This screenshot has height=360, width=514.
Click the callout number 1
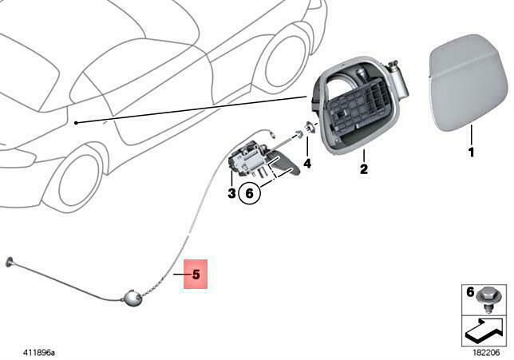[x=471, y=152]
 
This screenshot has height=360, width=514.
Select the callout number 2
[x=363, y=169]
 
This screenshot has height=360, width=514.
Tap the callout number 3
[x=231, y=192]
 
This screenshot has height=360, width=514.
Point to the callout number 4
[x=306, y=164]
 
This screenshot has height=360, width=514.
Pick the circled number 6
[x=249, y=192]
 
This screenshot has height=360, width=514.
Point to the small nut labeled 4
[x=306, y=133]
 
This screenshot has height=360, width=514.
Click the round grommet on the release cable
[x=131, y=299]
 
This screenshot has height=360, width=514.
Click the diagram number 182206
[x=485, y=350]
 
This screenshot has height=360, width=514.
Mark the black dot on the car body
[x=74, y=122]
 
